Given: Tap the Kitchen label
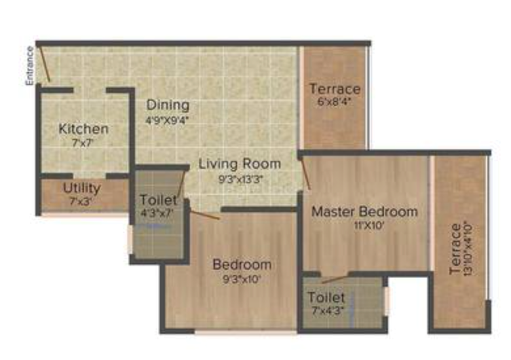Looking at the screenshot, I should tap(84, 128).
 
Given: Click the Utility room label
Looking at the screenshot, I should tap(82, 189).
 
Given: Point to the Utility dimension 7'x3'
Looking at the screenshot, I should tap(82, 201).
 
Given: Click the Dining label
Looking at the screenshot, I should tap(168, 105).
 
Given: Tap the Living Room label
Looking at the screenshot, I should tap(240, 164).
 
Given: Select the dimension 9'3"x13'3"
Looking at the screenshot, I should tap(240, 177).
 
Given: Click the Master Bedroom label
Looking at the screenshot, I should tap(364, 211).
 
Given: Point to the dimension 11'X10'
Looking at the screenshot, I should tap(364, 225).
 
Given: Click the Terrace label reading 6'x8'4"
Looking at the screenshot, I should tap(335, 88).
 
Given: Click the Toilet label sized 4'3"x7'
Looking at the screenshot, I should tap(159, 200).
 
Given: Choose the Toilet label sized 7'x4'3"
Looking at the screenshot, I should tap(326, 298).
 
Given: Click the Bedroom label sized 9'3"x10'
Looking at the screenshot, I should tap(242, 264).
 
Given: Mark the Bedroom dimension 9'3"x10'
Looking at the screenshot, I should tap(242, 278).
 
